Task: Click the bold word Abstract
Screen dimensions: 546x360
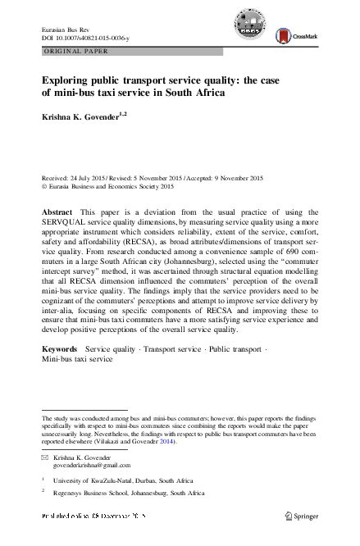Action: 57,212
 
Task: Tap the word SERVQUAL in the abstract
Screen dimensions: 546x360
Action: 65,224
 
